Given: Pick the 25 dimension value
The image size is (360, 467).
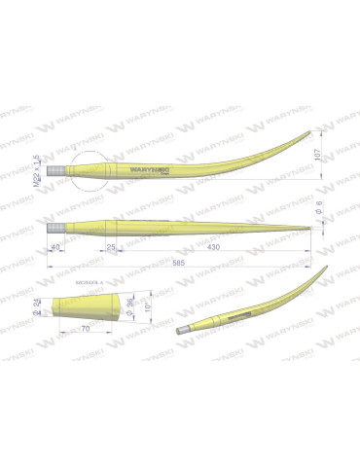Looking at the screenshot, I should [109, 250].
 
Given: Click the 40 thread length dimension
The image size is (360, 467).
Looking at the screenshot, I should [56, 249].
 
